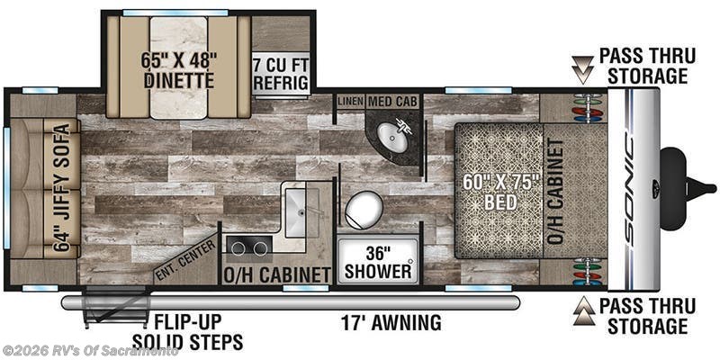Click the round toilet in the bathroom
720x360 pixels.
click(364, 210)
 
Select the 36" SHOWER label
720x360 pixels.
click(378, 262)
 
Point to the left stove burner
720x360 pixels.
click(238, 248)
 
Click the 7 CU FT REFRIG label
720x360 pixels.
click(281, 75)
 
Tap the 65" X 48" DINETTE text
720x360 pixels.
click(178, 70)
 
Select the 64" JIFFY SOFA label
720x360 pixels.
click(62, 187)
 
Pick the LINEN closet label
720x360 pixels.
click(350, 101)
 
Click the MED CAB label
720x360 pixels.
click(392, 101)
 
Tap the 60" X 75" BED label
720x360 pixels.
click(498, 192)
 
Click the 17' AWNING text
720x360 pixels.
click(391, 322)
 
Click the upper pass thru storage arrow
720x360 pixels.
click(583, 70)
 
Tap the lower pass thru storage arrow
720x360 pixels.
click(583, 310)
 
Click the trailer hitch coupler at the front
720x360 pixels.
click(688, 188)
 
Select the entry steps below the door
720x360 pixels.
click(115, 307)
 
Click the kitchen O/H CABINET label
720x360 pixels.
click(276, 274)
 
